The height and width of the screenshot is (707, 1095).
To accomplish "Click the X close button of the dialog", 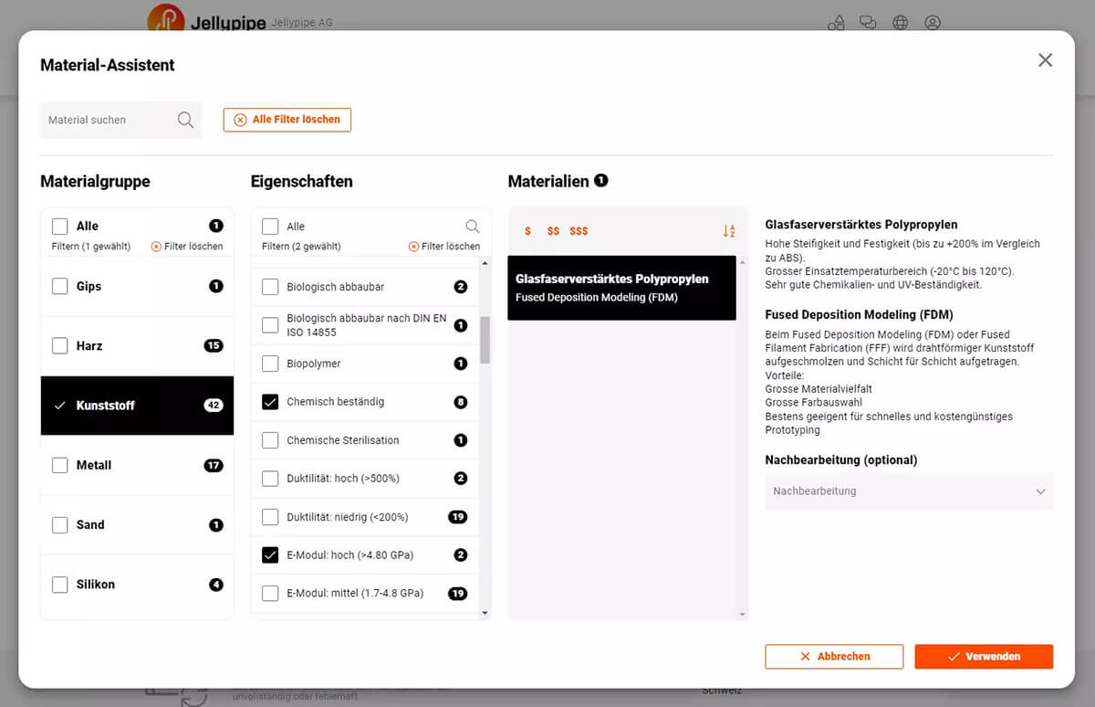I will [1045, 60].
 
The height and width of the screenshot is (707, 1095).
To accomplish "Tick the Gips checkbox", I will [60, 286].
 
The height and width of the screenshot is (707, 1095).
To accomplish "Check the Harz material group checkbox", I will [60, 345].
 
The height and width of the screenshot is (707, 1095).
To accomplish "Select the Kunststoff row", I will [137, 406].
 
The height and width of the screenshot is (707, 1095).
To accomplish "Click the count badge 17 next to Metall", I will [214, 465].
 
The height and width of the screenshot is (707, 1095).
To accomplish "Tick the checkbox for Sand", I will [60, 524].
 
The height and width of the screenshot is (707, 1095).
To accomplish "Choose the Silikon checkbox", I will [60, 585].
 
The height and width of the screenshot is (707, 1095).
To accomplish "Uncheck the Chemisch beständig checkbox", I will [270, 402].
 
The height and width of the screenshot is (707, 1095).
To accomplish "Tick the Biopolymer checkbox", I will [270, 364].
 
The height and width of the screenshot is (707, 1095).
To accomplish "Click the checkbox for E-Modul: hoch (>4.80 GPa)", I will [270, 554].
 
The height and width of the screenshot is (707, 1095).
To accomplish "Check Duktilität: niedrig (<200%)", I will [270, 517].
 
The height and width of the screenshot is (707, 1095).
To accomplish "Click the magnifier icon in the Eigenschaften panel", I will [472, 227].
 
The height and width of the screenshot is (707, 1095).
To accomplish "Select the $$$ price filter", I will [579, 231].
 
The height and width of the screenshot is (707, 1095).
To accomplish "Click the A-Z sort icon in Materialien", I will [728, 231].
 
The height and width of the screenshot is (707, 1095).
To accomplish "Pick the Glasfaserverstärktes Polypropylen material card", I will [621, 288].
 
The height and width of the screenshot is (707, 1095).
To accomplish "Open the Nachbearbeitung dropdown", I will [908, 491].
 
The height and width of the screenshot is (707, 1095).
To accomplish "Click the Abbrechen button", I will [834, 656].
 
